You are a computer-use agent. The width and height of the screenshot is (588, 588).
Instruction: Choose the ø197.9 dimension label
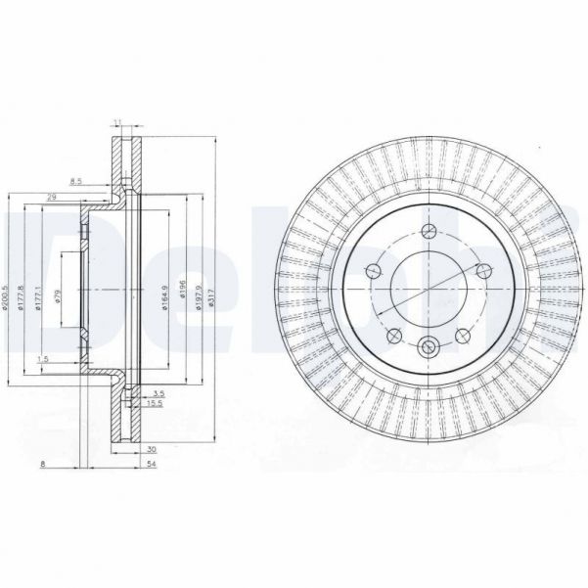[199, 296]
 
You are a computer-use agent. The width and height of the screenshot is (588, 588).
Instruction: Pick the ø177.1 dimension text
[38, 295]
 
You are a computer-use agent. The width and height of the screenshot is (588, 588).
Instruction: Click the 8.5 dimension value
[76, 180]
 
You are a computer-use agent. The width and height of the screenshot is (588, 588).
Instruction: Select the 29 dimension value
[52, 198]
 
